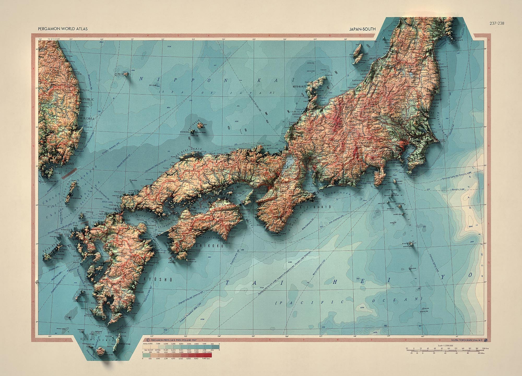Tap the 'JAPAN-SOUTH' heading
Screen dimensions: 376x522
tap(363, 29)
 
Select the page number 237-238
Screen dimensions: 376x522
tap(497, 23)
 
